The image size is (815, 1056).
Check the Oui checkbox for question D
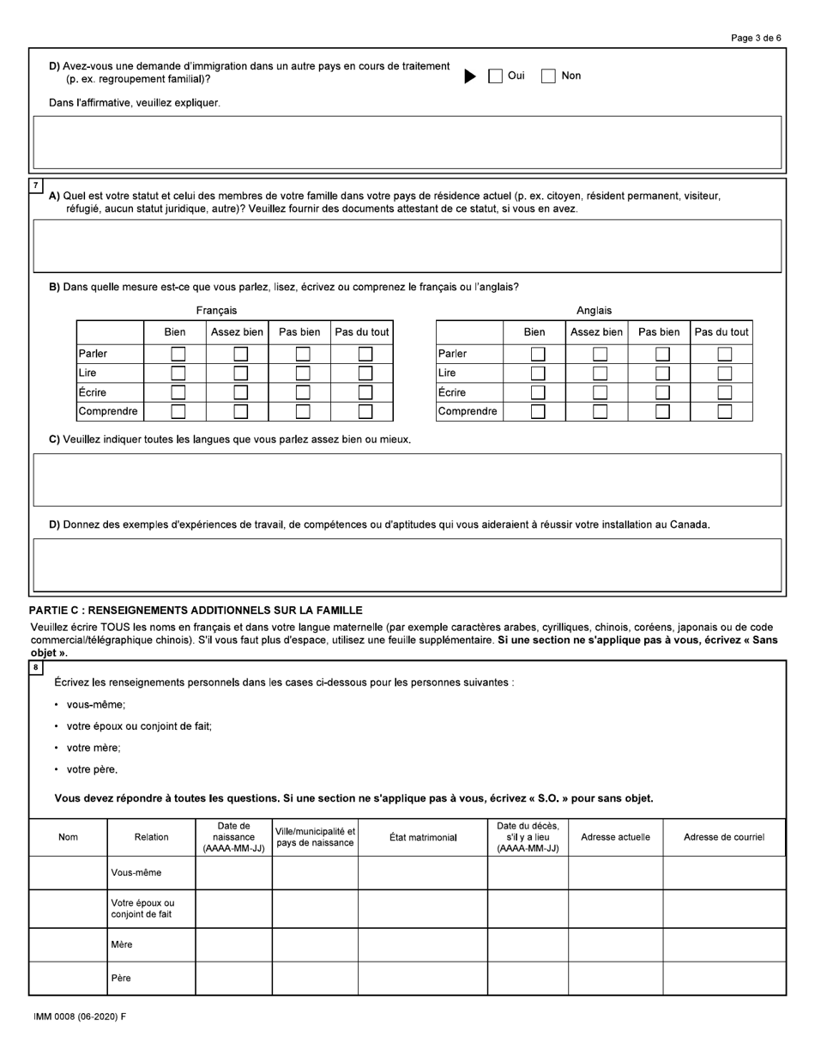pyautogui.click(x=496, y=76)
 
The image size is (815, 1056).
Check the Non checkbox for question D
pyautogui.click(x=549, y=76)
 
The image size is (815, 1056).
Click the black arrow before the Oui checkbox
pyautogui.click(x=470, y=76)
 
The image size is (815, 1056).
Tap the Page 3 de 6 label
pyautogui.click(x=756, y=38)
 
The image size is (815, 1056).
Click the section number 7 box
pyautogui.click(x=35, y=185)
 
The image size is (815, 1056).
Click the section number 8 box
pyautogui.click(x=35, y=667)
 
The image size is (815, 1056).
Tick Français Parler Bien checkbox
pyautogui.click(x=178, y=354)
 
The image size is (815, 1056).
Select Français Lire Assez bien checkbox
pyautogui.click(x=241, y=373)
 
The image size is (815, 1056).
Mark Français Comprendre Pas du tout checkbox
pyautogui.click(x=365, y=411)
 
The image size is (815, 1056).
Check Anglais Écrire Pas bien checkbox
pyautogui.click(x=662, y=392)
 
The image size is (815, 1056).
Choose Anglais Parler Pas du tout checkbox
pyautogui.click(x=725, y=354)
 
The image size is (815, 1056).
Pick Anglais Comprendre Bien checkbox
pyautogui.click(x=538, y=411)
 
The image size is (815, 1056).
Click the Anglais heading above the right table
pyautogui.click(x=594, y=311)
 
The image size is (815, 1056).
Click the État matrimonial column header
pyautogui.click(x=423, y=837)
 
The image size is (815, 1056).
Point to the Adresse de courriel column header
pyautogui.click(x=723, y=837)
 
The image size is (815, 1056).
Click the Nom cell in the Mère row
pyautogui.click(x=68, y=944)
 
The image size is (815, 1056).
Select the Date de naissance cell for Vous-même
pyautogui.click(x=233, y=873)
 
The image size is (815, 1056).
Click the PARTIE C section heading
pyautogui.click(x=196, y=610)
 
